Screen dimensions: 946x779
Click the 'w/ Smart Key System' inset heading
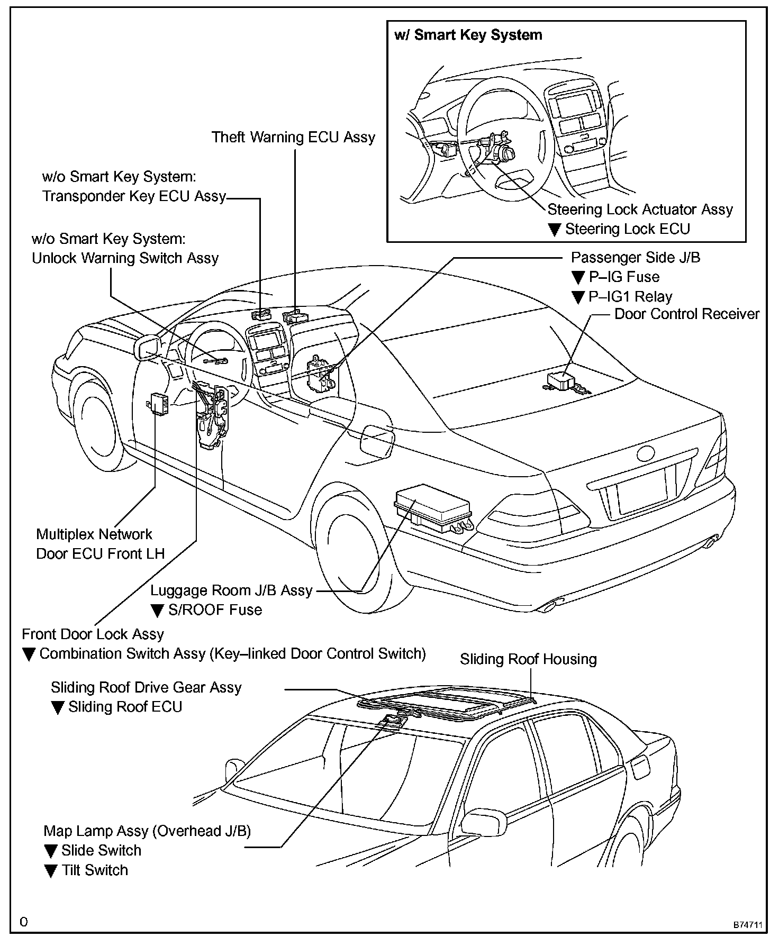click(468, 35)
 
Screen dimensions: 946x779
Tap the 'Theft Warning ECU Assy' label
click(293, 138)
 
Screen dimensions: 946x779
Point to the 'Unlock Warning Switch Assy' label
click(125, 258)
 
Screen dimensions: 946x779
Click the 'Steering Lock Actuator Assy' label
click(640, 210)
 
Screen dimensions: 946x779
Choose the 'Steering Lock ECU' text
click(627, 229)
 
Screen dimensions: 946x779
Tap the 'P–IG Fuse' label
click(624, 277)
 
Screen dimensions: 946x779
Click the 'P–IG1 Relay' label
click(630, 297)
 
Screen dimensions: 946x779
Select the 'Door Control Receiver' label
click(686, 314)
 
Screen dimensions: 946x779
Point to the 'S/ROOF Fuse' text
click(215, 610)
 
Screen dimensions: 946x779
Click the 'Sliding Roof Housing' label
click(528, 659)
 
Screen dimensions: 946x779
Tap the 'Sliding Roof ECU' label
click(125, 707)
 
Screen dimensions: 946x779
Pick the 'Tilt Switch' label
click(95, 870)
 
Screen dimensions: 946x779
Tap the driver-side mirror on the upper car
click(148, 348)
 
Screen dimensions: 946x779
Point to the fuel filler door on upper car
click(377, 438)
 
